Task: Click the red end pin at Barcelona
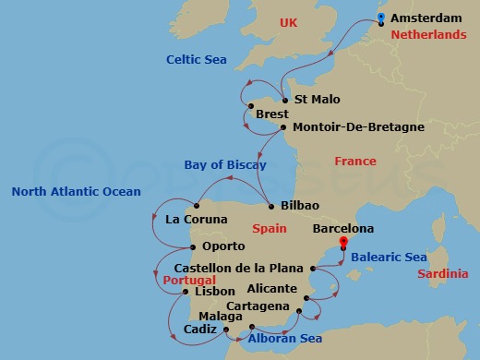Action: coord(342,243)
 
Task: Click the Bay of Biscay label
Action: coord(225,165)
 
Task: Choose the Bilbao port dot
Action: coord(270,205)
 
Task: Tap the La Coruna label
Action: coord(196,220)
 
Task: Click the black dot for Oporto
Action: coord(192,246)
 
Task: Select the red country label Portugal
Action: coord(190,280)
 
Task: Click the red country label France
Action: coord(355,162)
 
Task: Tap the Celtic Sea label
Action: coord(196,59)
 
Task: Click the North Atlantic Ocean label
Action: coord(76,192)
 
